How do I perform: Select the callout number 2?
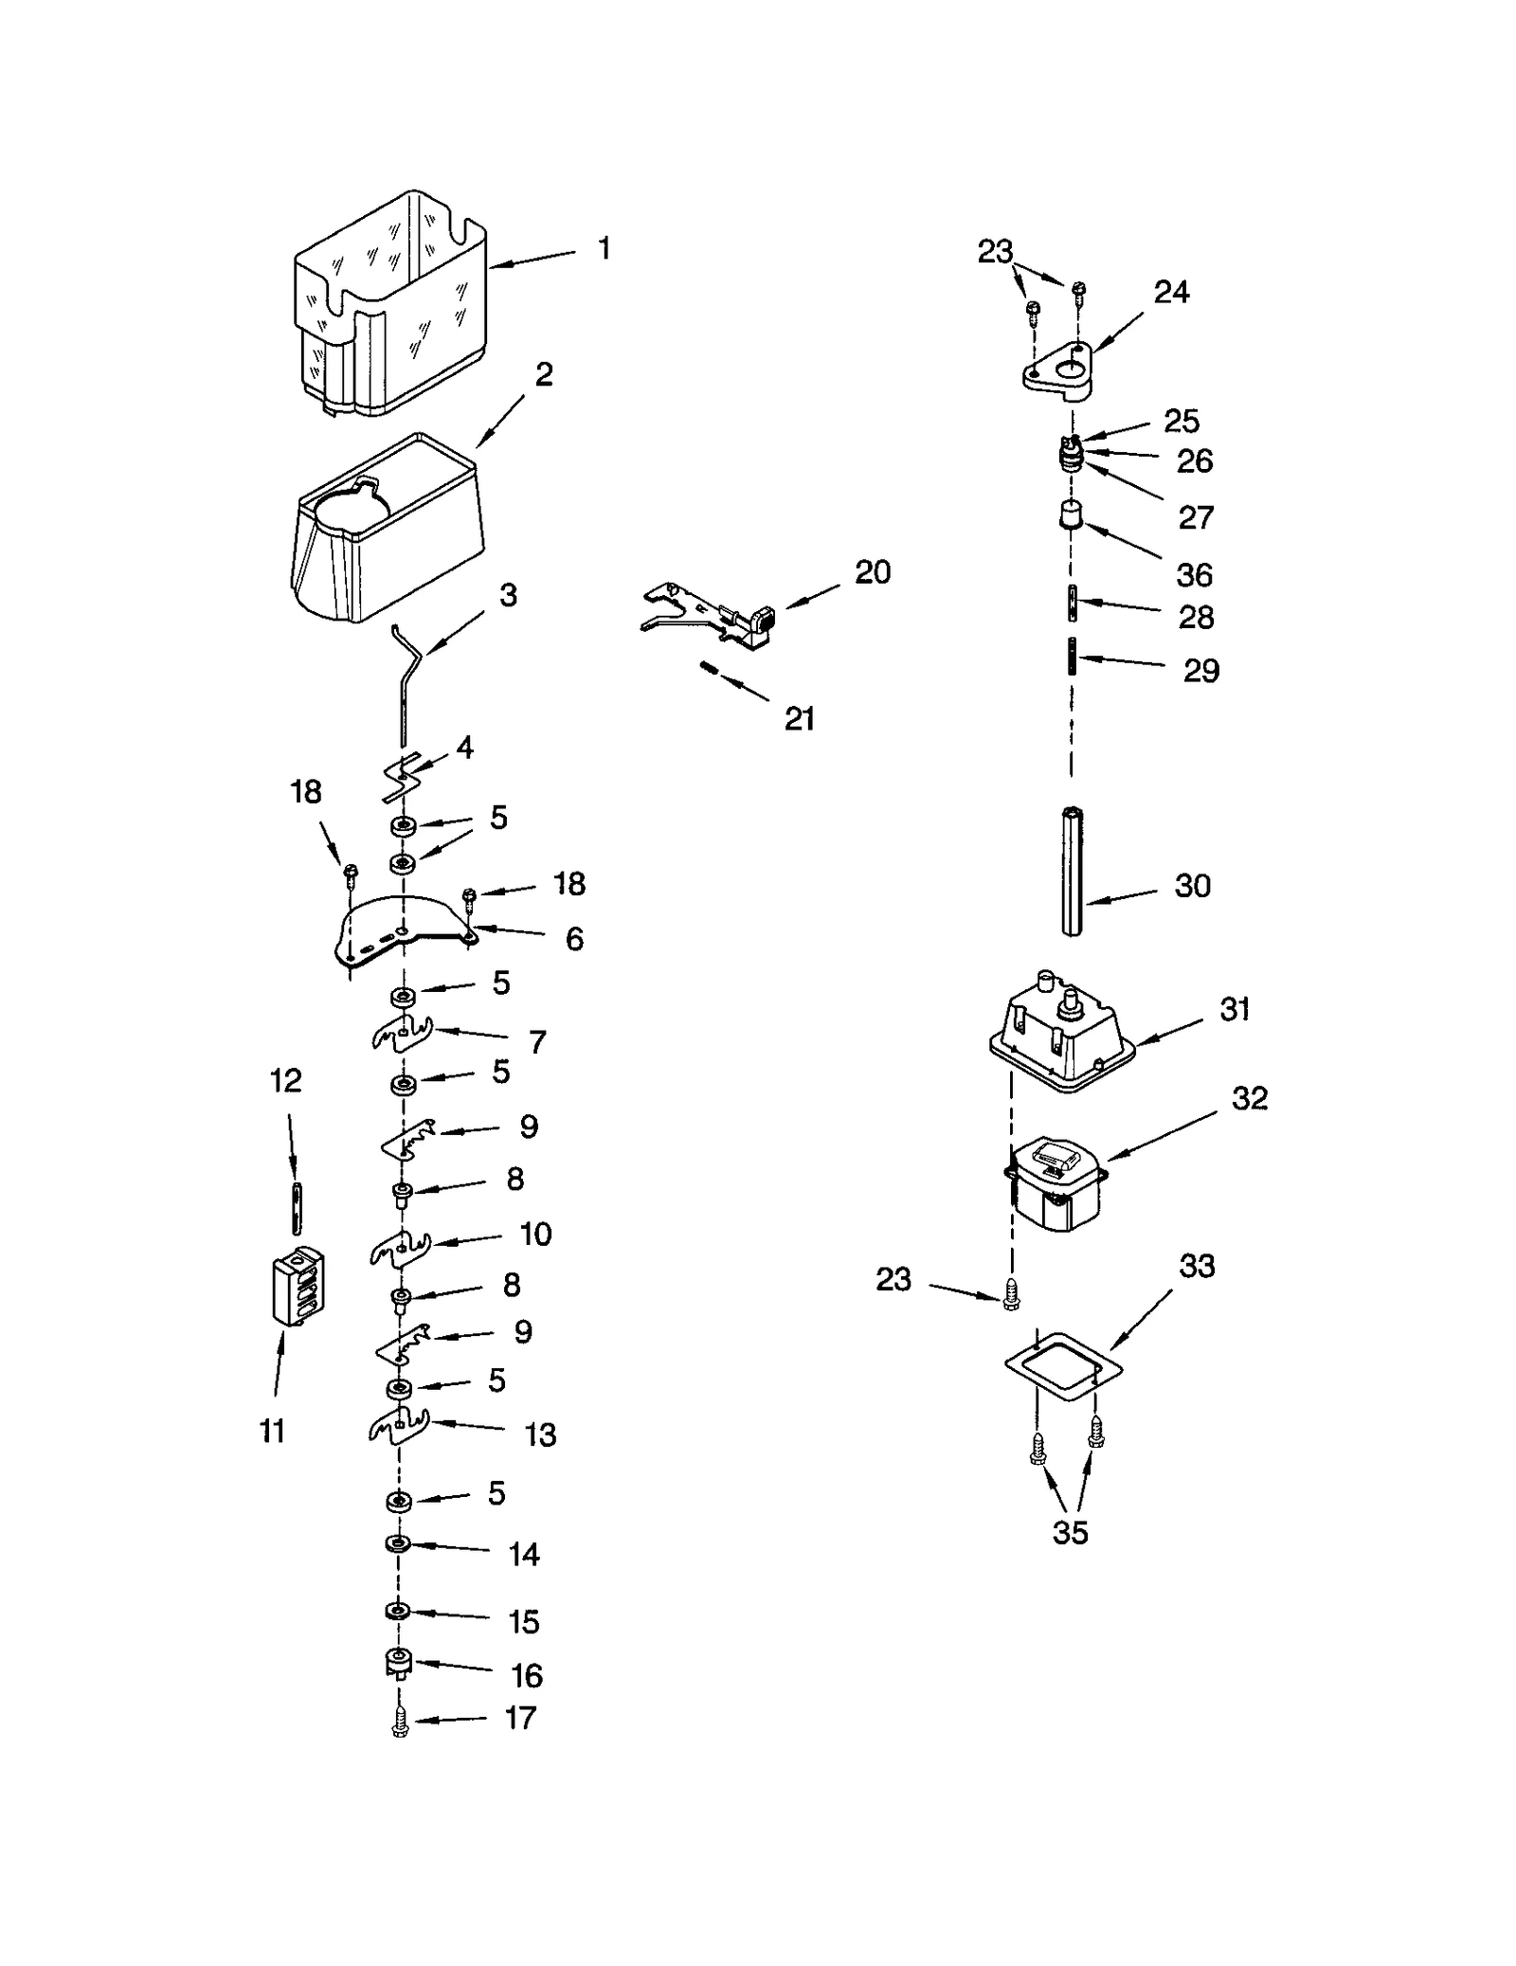click(x=543, y=375)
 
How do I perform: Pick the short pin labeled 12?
click(x=298, y=1208)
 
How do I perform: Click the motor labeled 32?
click(x=1055, y=1184)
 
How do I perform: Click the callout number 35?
click(x=1070, y=1532)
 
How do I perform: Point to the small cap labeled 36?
click(x=1071, y=516)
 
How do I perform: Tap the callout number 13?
click(x=540, y=1434)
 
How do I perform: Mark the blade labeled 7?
click(x=402, y=1035)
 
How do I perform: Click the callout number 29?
click(x=1200, y=671)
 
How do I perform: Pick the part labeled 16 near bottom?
click(x=398, y=1662)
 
